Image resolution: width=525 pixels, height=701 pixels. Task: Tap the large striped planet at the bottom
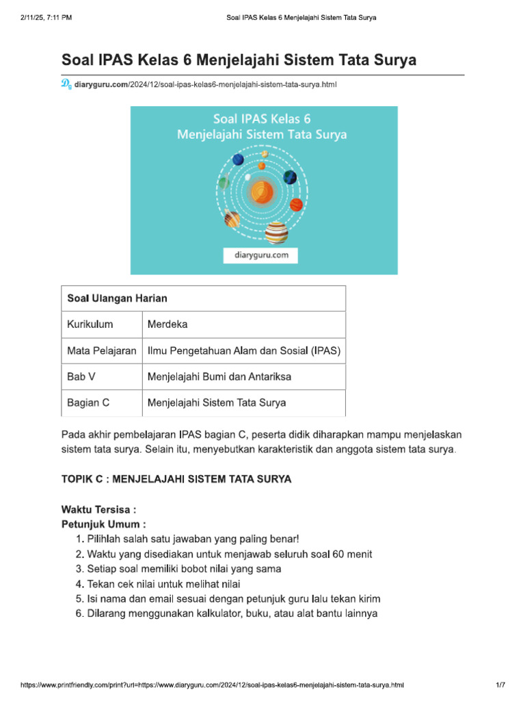276,232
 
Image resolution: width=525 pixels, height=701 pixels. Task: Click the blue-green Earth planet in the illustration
291,177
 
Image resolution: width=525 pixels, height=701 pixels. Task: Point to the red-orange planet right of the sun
296,204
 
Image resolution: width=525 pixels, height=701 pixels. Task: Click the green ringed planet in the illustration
224,183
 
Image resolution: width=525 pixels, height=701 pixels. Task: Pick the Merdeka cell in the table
167,324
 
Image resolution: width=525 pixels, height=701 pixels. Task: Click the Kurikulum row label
90,324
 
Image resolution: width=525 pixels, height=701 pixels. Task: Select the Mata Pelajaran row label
101,350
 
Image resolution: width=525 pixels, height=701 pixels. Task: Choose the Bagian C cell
88,403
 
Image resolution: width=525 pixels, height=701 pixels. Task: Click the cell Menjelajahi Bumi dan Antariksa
219,377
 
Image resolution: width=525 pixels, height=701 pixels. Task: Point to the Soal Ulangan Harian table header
117,298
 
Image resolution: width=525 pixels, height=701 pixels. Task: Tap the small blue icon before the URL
66,84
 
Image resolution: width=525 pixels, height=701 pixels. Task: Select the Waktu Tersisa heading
98,509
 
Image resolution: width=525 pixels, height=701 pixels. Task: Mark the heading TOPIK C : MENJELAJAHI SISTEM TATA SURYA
176,479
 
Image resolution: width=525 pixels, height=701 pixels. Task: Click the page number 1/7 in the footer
500,685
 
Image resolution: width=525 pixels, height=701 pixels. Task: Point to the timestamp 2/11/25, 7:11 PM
47,17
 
